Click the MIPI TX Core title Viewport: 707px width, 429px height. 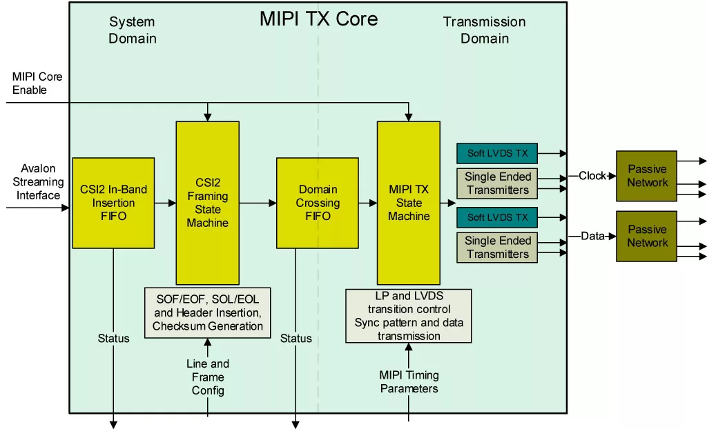click(318, 19)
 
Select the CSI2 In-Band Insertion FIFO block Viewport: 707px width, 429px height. click(113, 203)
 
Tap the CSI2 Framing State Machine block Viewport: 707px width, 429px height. click(207, 203)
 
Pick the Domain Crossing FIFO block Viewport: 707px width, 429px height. click(318, 203)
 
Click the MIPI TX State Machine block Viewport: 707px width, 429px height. click(408, 203)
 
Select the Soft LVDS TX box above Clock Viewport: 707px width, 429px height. click(497, 153)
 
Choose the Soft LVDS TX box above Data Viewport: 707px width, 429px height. click(497, 217)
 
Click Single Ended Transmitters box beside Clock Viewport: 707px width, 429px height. click(497, 183)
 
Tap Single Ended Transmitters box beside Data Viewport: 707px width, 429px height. click(497, 248)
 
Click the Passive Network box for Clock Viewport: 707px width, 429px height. click(647, 176)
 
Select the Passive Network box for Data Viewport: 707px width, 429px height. click(647, 236)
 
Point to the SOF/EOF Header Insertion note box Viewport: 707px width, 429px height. click(208, 312)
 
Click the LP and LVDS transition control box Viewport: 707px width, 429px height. click(409, 316)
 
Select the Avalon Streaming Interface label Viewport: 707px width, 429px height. click(38, 182)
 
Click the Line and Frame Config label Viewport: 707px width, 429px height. click(208, 377)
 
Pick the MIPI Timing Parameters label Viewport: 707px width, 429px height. click(409, 382)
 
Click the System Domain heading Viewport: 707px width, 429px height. click(132, 30)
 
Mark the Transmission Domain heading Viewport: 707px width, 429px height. click(484, 30)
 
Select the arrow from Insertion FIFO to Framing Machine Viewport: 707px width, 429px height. click(165, 203)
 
